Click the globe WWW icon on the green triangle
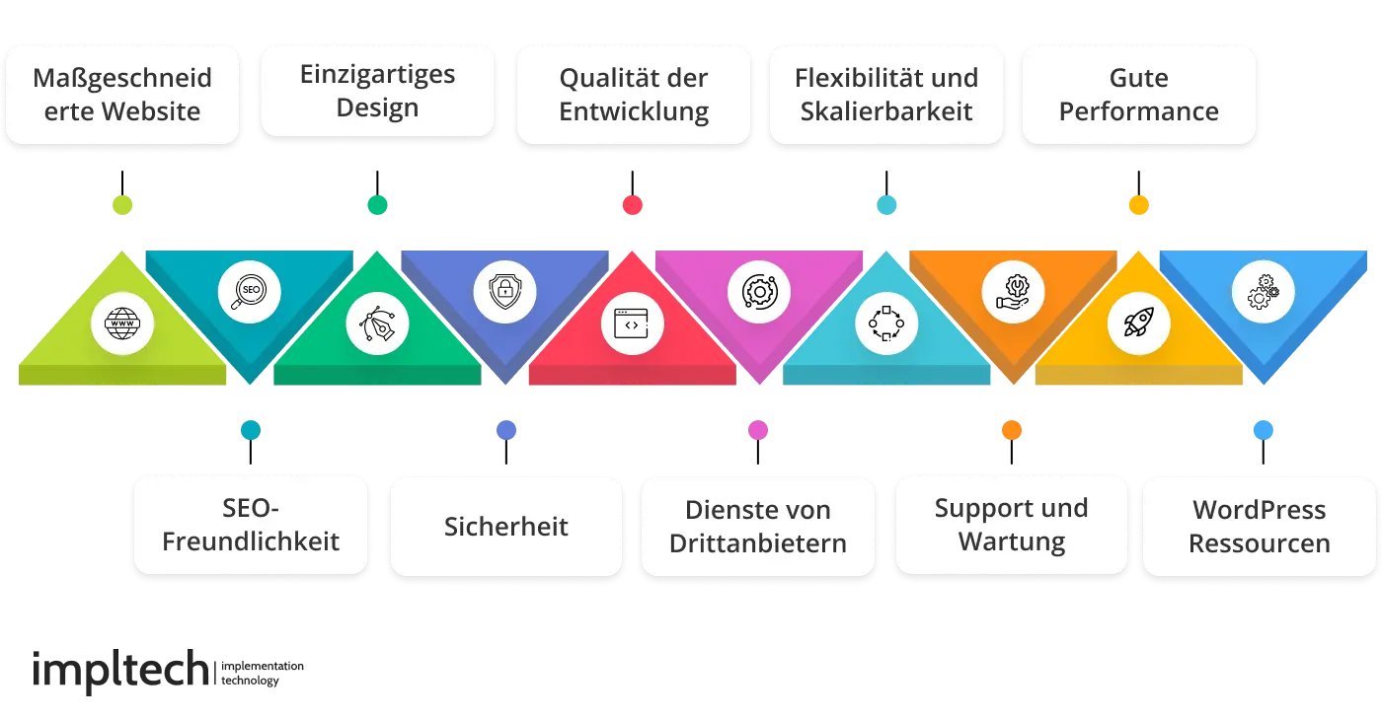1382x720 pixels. point(121,323)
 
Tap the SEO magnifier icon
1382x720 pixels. point(249,293)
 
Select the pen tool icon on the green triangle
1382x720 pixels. point(377,323)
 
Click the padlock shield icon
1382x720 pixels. point(504,293)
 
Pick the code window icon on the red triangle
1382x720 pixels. point(632,323)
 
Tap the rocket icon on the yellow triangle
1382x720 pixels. point(1138,323)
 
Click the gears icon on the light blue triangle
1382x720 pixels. point(1264,293)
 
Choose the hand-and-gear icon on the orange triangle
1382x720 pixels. point(1012,293)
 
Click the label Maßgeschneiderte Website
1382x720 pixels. point(122,95)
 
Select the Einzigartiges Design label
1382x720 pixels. point(377,91)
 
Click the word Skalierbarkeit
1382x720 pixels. point(885,111)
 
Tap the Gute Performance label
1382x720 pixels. point(1138,95)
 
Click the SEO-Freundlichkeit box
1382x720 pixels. point(251,525)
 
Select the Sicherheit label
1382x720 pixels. point(505,526)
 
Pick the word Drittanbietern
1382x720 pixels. point(757,542)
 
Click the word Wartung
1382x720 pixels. point(1011,541)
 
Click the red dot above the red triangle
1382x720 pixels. point(632,205)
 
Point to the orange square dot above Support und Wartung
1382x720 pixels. point(1012,430)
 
